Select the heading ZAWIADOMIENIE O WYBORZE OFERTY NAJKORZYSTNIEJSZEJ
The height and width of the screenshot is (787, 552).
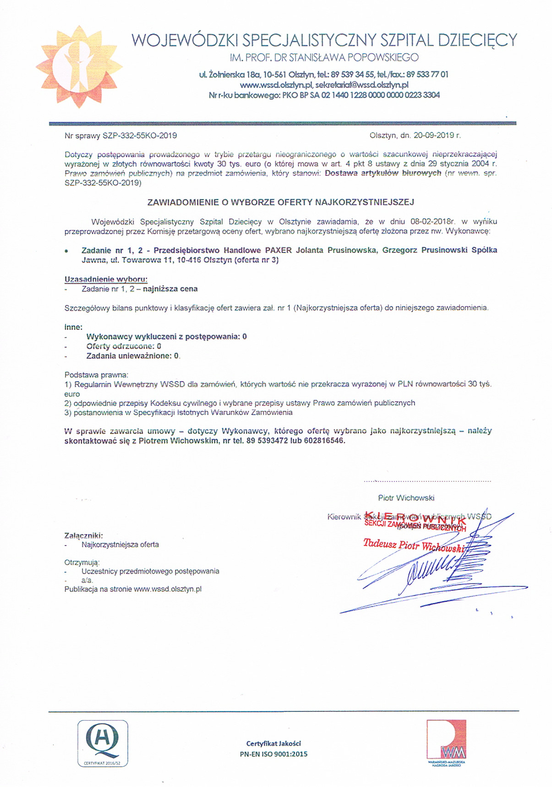(x=280, y=202)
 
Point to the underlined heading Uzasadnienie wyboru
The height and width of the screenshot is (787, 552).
(x=106, y=279)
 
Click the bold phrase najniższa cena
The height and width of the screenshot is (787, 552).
(x=170, y=289)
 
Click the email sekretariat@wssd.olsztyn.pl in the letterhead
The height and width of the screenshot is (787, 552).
(x=362, y=85)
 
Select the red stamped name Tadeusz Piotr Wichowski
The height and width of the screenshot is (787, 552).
(x=414, y=545)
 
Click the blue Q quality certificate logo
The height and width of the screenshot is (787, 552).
(x=103, y=743)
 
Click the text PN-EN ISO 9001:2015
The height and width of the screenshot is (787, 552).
(x=273, y=754)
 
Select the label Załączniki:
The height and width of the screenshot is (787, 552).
(x=84, y=535)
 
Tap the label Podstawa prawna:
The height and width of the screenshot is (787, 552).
(x=97, y=375)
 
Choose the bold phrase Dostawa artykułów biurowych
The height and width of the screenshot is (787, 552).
(x=383, y=173)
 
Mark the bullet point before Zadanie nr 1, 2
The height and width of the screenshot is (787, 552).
(x=67, y=251)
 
